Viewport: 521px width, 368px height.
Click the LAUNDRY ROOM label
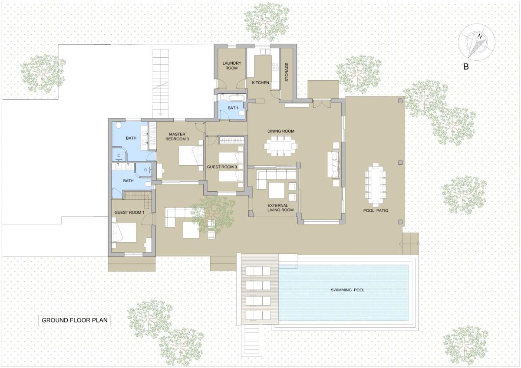tap(231, 66)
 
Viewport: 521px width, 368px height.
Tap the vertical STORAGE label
tap(287, 72)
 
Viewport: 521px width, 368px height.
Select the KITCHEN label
tap(260, 82)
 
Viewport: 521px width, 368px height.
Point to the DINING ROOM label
tap(281, 131)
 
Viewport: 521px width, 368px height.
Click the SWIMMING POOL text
tap(347, 290)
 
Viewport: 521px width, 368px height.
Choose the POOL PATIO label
tap(376, 210)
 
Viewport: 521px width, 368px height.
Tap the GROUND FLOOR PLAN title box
tap(74, 320)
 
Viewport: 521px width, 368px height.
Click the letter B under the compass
tap(465, 67)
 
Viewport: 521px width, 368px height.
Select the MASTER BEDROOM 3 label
tap(177, 136)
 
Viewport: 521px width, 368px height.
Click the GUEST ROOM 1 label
tap(129, 213)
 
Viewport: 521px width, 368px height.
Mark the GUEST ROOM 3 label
tap(222, 167)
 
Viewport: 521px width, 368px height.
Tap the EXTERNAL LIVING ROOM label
tap(280, 207)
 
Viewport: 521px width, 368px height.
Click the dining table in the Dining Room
tap(280, 146)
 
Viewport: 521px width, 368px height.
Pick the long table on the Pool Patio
tap(376, 184)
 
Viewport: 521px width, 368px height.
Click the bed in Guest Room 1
tap(124, 233)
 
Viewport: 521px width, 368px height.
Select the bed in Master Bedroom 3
tap(191, 155)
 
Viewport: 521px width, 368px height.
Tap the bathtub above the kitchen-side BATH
tap(236, 97)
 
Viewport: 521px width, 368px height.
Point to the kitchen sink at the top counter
tap(265, 51)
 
